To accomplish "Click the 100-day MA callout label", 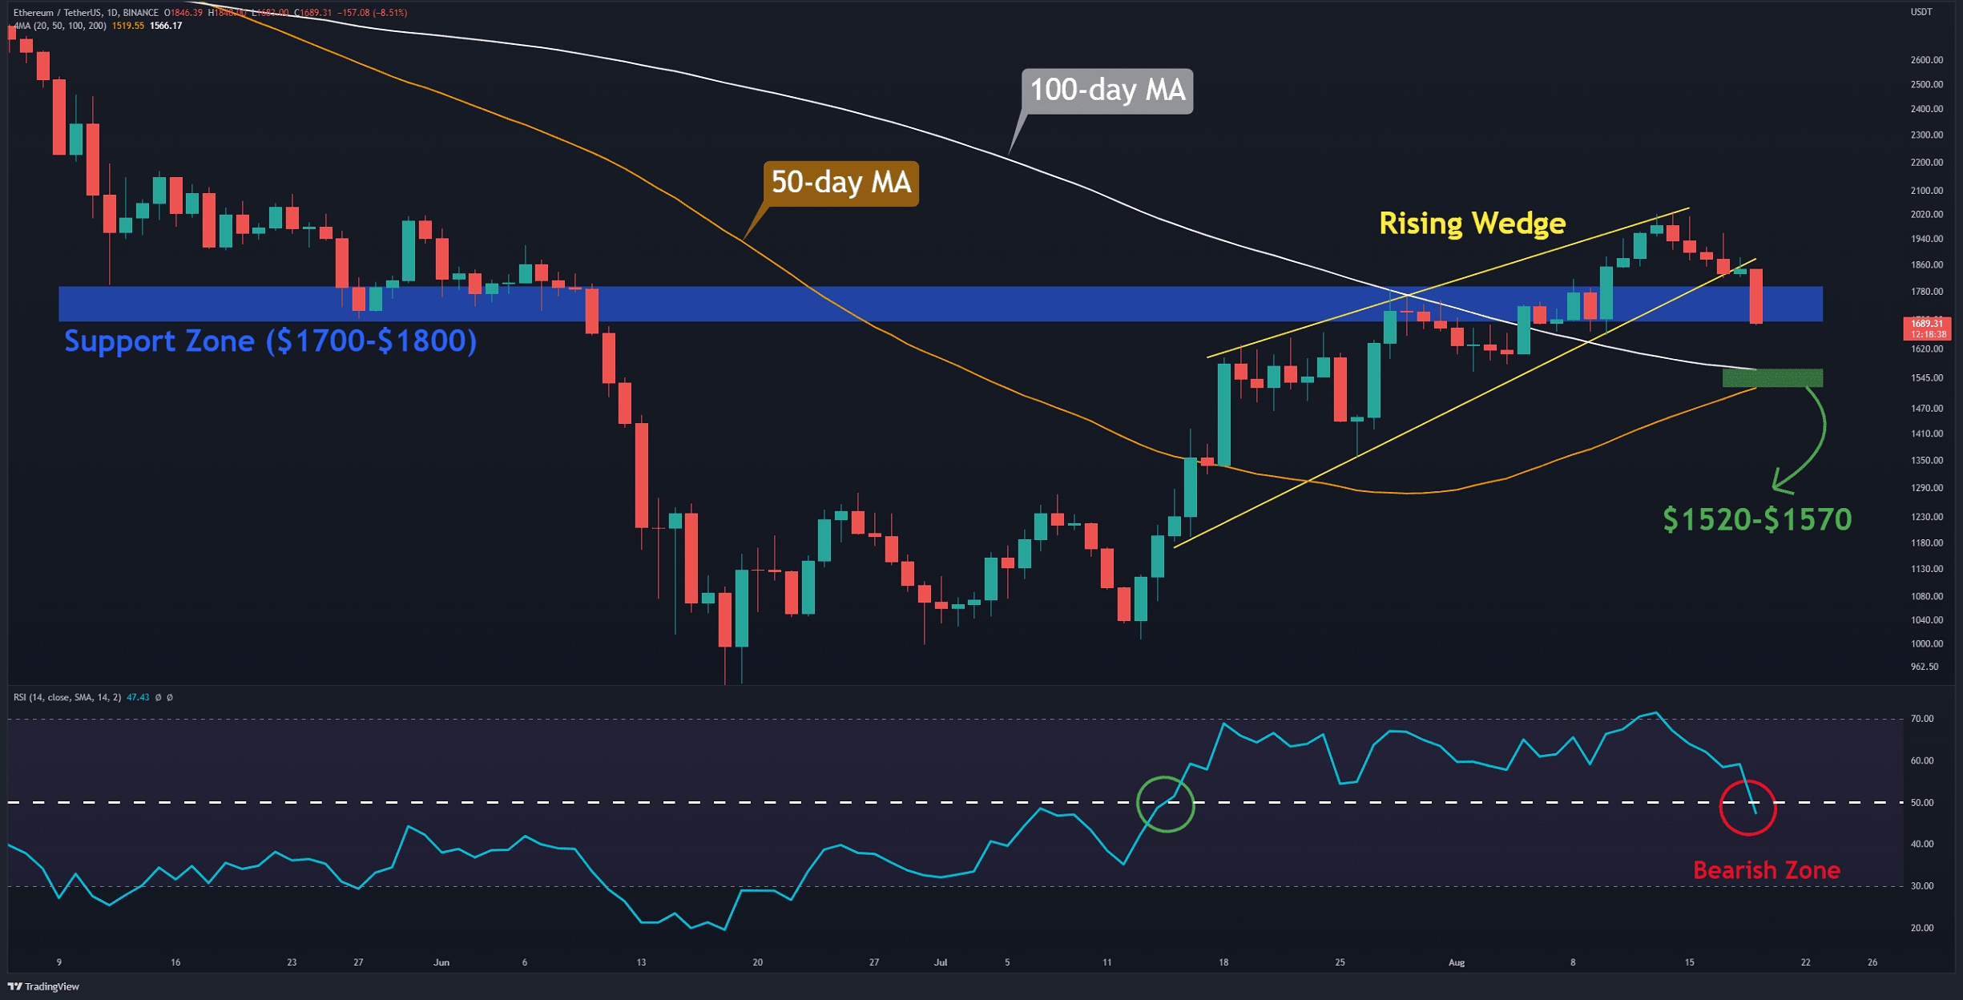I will point(1106,91).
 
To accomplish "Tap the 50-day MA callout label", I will point(840,183).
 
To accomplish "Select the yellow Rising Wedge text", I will point(1472,224).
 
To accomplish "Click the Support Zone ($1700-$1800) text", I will point(270,341).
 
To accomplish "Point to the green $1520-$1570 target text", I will point(1757,519).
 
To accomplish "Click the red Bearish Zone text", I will point(1766,870).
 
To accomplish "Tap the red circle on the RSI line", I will point(1747,807).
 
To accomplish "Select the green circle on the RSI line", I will point(1165,804).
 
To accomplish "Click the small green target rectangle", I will point(1772,377).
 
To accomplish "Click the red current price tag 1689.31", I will point(1926,324).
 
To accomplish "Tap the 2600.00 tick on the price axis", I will point(1926,60).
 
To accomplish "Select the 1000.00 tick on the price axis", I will point(1926,644).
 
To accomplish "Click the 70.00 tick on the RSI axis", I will point(1921,719).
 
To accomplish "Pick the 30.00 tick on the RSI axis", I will point(1921,886).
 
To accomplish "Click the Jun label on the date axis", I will point(441,962).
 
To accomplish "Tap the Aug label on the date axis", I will point(1457,962).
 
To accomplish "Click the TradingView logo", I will point(43,986).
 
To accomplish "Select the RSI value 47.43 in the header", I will point(138,698).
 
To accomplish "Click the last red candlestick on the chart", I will point(1755,296).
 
